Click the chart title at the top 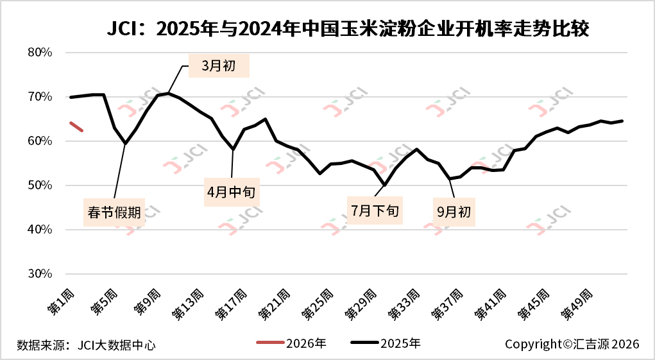(347, 30)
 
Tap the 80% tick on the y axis (40, 53)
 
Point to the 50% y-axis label (40, 185)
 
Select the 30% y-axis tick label (40, 274)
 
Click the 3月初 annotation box (219, 66)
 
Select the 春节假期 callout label (114, 212)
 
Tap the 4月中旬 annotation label (232, 191)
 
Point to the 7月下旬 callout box (375, 210)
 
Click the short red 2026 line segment (76, 126)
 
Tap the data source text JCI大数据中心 (86, 345)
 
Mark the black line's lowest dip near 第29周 (384, 185)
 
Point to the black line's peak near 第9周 (168, 94)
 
